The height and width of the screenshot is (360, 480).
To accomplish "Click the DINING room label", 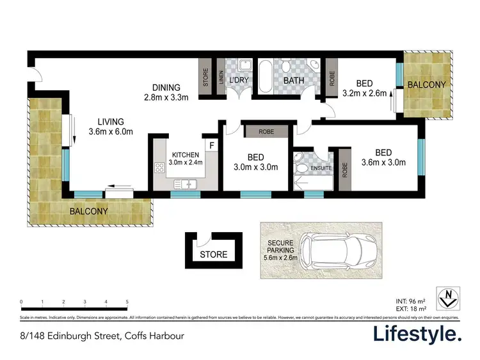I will (166, 88).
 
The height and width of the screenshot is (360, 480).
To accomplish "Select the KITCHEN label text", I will (186, 155).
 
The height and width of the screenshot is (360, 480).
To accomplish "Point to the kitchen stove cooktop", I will (160, 168).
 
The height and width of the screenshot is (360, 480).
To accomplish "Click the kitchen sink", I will (187, 184).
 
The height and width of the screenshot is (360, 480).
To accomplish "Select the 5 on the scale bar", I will (127, 301).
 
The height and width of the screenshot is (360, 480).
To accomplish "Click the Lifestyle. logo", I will (417, 334).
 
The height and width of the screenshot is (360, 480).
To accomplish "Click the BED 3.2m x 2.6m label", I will (364, 87).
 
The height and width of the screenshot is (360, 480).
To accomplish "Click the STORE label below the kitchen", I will (213, 254).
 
